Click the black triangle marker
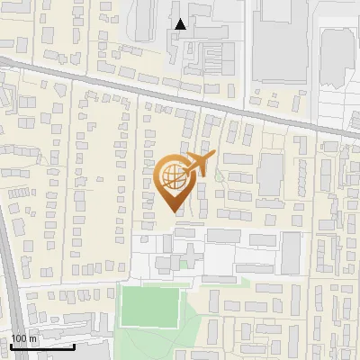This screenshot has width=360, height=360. pos(181,24)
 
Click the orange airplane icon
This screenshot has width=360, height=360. pos(200,165)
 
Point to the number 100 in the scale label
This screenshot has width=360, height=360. pos(19,338)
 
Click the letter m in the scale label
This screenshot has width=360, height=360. pos(33,338)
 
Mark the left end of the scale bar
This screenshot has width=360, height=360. pos(12,346)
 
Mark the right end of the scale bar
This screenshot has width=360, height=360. pos(74,346)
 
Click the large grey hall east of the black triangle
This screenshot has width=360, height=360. pos(283,40)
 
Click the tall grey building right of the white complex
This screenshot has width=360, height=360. pos(290,253)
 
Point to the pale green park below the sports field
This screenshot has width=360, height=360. pos(162,346)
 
